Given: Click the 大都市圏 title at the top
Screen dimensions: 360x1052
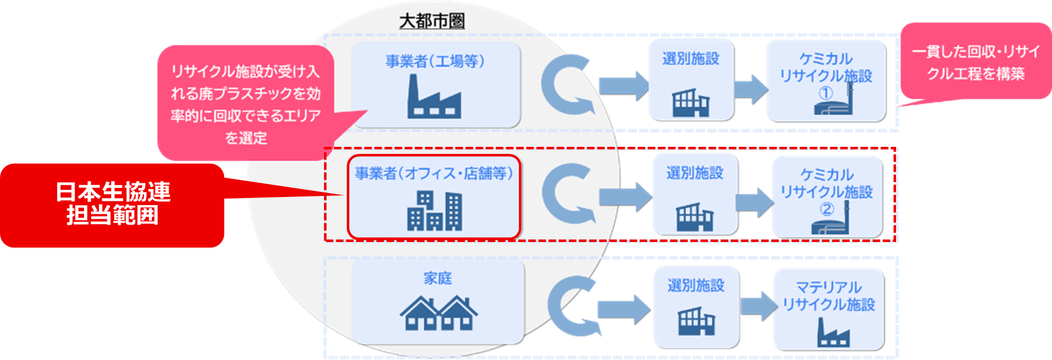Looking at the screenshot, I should (431, 21).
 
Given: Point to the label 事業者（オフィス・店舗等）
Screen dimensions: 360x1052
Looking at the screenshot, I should (434, 174).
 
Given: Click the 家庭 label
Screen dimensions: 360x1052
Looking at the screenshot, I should (438, 278).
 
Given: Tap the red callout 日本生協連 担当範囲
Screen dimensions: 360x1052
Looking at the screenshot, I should (112, 204).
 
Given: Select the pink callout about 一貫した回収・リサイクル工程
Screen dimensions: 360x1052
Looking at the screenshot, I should (976, 62).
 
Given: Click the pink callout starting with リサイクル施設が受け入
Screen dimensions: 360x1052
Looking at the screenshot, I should (246, 104).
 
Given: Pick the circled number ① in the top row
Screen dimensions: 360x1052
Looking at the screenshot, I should (826, 93).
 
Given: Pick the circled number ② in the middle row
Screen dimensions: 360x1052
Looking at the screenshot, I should (827, 209).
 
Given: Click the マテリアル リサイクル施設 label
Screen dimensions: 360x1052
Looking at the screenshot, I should (829, 296).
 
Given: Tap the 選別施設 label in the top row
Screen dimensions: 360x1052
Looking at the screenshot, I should (691, 59).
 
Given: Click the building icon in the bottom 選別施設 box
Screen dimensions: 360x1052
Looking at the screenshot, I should (696, 321).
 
